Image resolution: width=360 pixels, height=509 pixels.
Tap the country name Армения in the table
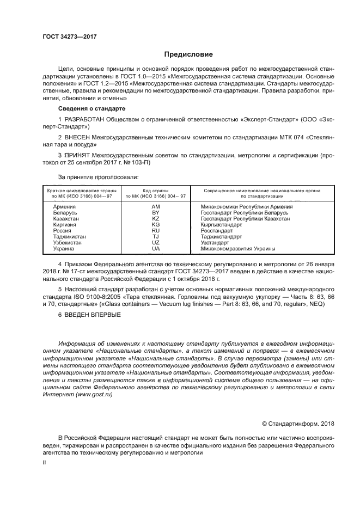coord(64,207)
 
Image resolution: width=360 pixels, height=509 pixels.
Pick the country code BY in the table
coord(155,213)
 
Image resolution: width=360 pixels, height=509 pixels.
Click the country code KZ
coord(155,219)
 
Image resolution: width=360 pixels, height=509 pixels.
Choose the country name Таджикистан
coord(69,237)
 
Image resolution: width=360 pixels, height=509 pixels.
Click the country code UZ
coord(155,243)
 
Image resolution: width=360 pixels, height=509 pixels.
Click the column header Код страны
coord(155,191)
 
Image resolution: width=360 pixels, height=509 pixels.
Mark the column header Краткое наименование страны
coord(80,191)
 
